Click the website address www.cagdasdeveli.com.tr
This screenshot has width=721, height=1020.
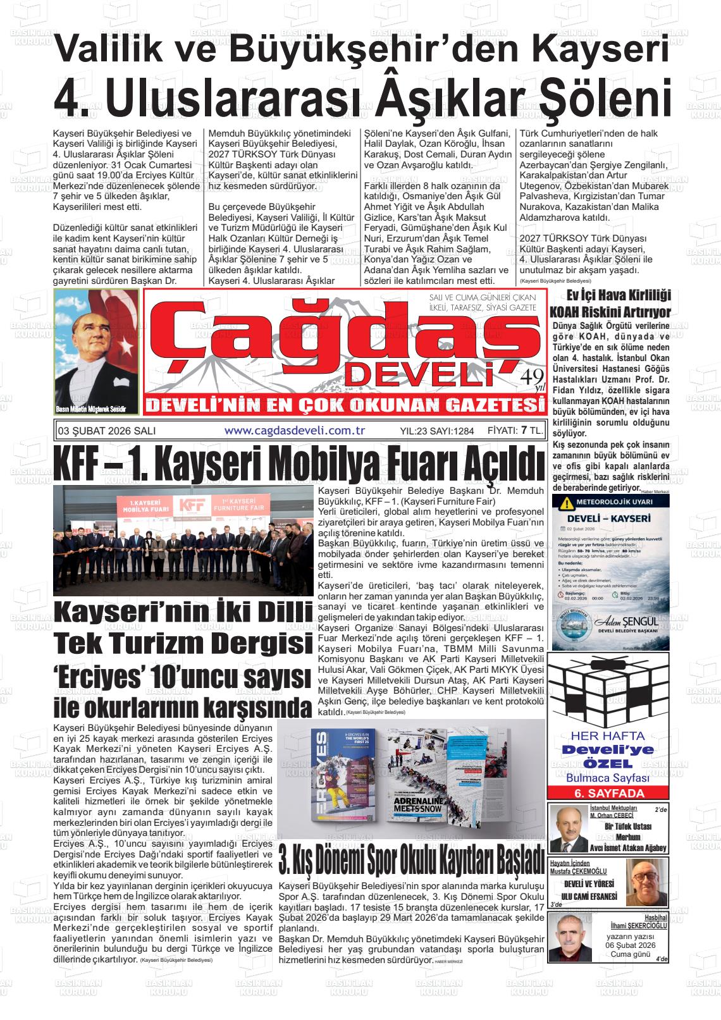pos(295,431)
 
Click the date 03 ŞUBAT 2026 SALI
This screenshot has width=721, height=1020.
pos(106,431)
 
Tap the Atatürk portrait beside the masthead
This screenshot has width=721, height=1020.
pos(96,352)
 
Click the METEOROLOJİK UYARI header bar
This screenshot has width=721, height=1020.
pos(610,503)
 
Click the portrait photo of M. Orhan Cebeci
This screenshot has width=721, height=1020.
pos(568,829)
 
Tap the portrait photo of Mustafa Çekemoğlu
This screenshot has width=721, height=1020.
pos(644,883)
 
